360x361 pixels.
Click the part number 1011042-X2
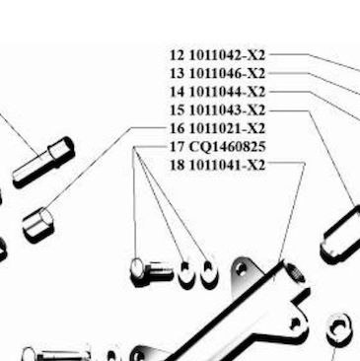click(x=227, y=55)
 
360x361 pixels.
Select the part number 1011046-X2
click(x=227, y=73)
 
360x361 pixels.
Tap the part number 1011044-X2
click(x=227, y=92)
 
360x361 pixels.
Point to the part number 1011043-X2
click(x=227, y=110)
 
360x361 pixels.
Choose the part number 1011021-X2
click(x=227, y=128)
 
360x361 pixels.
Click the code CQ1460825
click(x=228, y=147)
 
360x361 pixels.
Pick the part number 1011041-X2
click(x=227, y=165)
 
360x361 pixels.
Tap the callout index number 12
click(x=178, y=55)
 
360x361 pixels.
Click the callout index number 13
click(x=178, y=73)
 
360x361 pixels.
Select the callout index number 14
click(x=178, y=92)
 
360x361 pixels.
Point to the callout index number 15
click(x=178, y=110)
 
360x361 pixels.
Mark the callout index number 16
click(x=178, y=128)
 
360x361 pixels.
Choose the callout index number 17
click(x=178, y=147)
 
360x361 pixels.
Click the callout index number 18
click(x=178, y=165)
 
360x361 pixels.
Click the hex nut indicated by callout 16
click(x=38, y=225)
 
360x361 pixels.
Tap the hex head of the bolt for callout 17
click(x=137, y=271)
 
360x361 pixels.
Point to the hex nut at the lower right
click(x=339, y=328)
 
